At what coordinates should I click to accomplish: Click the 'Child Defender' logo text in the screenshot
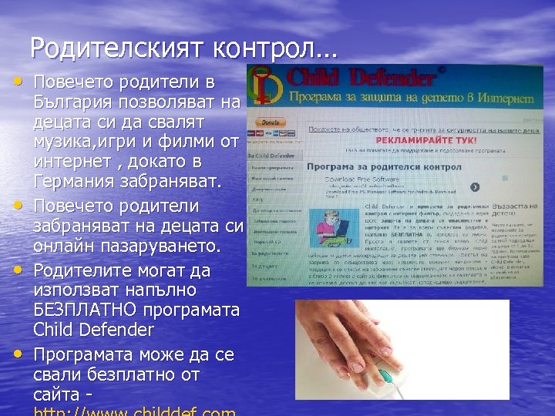point(358,77)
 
